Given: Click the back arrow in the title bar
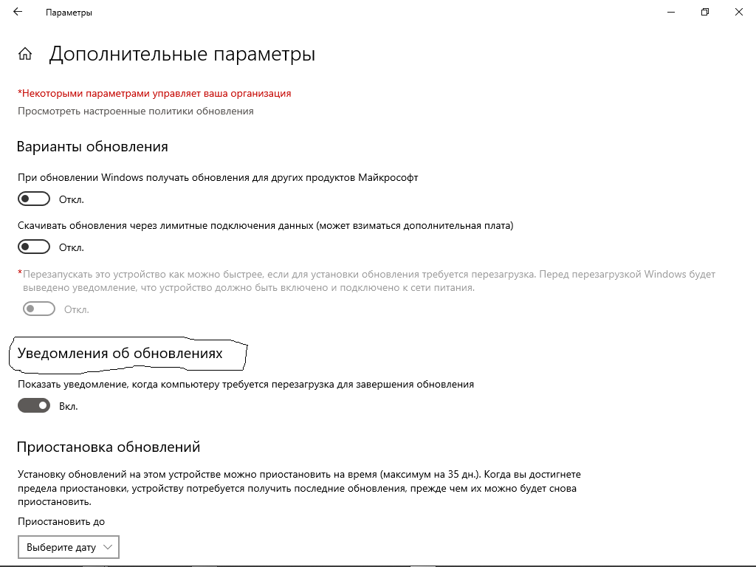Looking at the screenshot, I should point(18,12).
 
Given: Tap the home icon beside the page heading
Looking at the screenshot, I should point(25,54).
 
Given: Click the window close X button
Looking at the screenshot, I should point(738,12).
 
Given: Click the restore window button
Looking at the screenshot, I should point(705,12).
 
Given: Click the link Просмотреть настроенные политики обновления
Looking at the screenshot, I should point(135,111).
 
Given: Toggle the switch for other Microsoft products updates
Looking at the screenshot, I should point(34,199).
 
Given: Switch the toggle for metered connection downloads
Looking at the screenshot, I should point(34,247).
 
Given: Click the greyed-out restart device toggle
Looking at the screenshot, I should point(39,309).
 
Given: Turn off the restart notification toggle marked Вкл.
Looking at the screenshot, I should point(34,405).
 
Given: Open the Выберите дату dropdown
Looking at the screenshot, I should point(68,547).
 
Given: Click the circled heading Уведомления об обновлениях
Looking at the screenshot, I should point(120,354).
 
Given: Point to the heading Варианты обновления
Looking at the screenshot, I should point(92,147).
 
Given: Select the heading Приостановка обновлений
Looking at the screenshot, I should point(109,447).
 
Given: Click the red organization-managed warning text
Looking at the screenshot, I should point(154,93).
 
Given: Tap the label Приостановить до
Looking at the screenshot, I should point(61,521).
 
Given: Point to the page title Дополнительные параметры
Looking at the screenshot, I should point(182,54).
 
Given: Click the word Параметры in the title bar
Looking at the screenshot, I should point(69,13).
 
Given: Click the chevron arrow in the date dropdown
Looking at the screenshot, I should point(108,547).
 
